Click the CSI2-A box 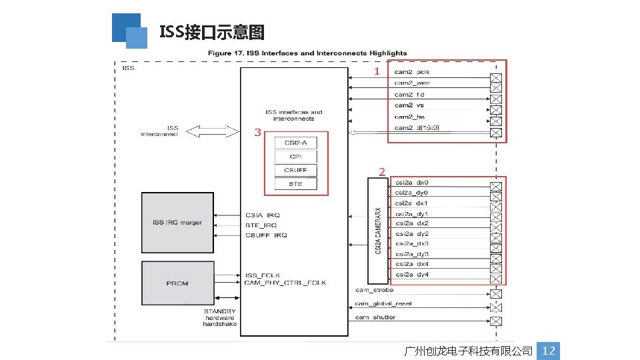pos(296,143)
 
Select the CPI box pos(296,157)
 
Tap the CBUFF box pos(296,170)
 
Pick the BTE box pos(296,184)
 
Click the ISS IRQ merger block pos(177,223)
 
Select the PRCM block pos(177,283)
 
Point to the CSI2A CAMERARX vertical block pos(378,231)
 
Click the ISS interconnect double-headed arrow pos(212,131)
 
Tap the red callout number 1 pos(377,71)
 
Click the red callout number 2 pos(381,171)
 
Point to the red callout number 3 pos(257,133)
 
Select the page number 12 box pos(549,351)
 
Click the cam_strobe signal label pos(374,290)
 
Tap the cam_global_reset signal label pos(383,304)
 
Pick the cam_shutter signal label pos(375,317)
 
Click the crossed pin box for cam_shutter pos(495,321)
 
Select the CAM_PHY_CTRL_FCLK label pos(285,283)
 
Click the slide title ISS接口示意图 pos(212,32)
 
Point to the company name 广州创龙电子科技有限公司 pos(469,351)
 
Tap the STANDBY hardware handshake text pos(219,317)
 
